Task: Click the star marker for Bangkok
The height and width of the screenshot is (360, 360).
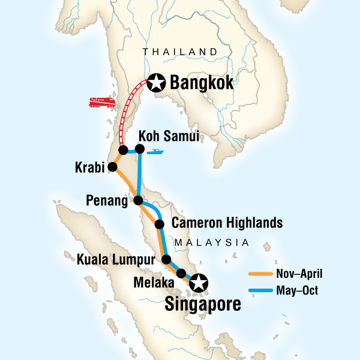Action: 157,82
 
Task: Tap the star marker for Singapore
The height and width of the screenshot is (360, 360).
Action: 198,281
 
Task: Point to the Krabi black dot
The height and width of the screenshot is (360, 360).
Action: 112,168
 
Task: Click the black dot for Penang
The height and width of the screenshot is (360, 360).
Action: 138,200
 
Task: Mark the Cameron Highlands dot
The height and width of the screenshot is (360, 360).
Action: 160,224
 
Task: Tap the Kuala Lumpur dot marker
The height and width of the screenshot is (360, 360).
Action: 167,260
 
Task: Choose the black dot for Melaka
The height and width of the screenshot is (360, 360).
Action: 181,274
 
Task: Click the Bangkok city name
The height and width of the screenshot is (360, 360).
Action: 201,82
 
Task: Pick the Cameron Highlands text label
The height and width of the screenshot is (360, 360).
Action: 227,224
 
